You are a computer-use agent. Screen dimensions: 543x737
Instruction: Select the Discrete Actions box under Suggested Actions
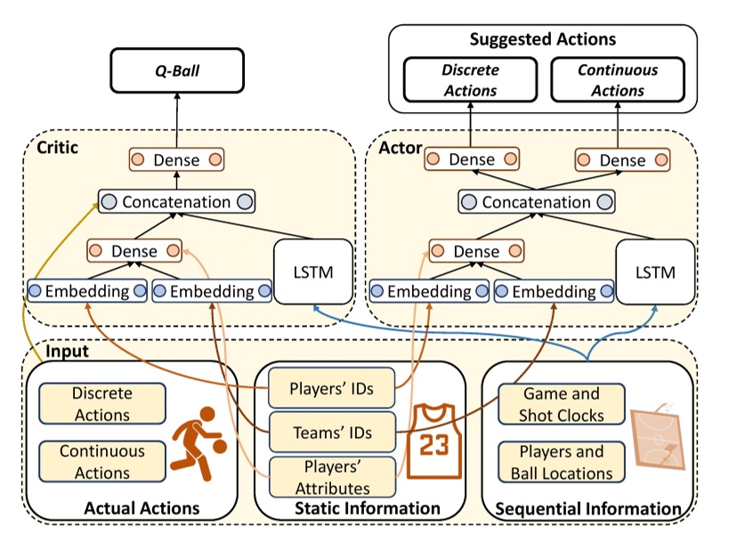pos(471,80)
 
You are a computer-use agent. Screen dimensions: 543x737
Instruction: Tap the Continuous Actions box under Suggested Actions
pos(617,80)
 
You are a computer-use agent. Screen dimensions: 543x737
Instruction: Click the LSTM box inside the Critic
pos(312,271)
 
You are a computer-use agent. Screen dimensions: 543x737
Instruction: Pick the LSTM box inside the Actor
pos(655,271)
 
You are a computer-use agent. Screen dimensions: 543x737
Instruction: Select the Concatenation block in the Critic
pos(175,202)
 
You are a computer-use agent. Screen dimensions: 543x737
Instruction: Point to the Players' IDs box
pos(330,388)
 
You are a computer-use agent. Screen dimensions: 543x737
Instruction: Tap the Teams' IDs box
pos(332,433)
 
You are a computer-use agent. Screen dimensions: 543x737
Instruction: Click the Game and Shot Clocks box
pos(562,403)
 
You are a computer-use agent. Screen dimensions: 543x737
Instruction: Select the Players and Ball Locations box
pos(562,462)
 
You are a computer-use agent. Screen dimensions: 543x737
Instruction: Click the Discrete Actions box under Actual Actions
pos(102,403)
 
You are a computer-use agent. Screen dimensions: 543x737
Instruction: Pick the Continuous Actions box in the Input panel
pos(102,462)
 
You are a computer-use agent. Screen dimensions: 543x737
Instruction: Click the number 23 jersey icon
pos(434,441)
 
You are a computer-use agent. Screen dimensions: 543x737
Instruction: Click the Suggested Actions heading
pos(542,39)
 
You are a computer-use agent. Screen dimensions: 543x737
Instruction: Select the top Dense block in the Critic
pos(175,160)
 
